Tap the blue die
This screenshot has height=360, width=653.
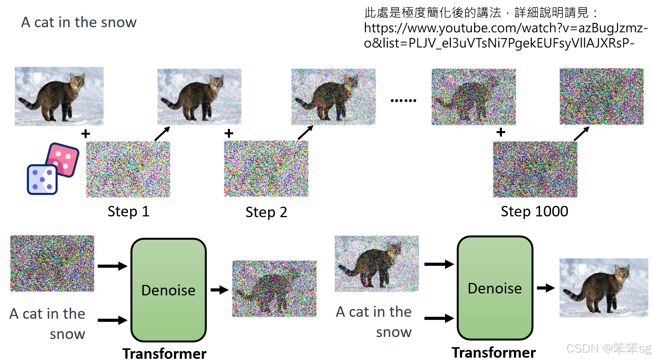[x=42, y=180]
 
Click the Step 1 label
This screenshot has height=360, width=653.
[x=128, y=212]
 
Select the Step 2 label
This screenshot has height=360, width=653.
[x=266, y=212]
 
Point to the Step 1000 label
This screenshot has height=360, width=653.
[x=534, y=211]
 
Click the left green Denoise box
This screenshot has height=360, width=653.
[x=168, y=290]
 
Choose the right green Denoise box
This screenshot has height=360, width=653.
[x=495, y=288]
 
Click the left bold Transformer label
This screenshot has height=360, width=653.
[x=164, y=354]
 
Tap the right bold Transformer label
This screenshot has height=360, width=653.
[x=493, y=353]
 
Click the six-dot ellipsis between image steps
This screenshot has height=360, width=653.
[x=403, y=100]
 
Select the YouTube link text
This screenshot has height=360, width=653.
[x=505, y=35]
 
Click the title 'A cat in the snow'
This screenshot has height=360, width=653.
[x=79, y=23]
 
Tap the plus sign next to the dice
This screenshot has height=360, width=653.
[x=86, y=134]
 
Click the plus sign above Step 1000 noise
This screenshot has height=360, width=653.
[x=501, y=132]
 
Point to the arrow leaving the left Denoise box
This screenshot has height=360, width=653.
[x=219, y=290]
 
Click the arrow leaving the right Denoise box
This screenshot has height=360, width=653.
[x=546, y=288]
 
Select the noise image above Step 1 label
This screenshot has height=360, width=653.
[x=128, y=169]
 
